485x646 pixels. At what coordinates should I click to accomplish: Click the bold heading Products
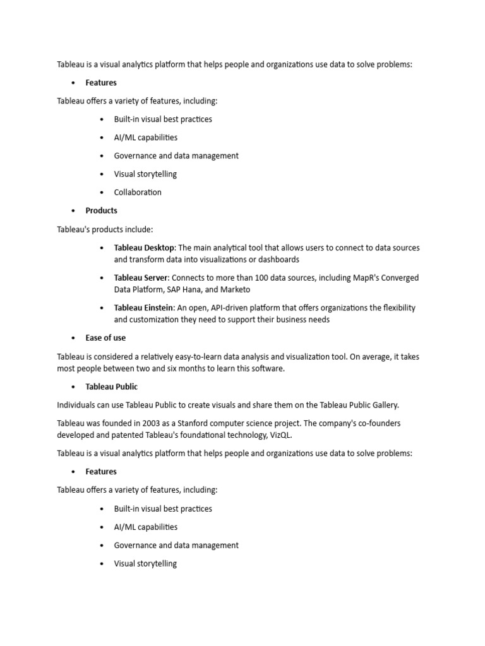coord(101,211)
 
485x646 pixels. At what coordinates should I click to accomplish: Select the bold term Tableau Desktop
coord(144,248)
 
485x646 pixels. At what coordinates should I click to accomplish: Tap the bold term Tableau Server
coord(141,278)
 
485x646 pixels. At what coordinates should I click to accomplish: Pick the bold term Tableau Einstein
coord(143,308)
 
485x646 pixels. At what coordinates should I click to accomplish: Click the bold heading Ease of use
coord(105,338)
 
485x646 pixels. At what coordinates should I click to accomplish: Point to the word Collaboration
coord(138,192)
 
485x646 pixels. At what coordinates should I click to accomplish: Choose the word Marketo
coord(236,290)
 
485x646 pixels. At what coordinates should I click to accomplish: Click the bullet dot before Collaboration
coord(102,192)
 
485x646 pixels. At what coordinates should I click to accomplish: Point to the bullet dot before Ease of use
coord(73,338)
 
